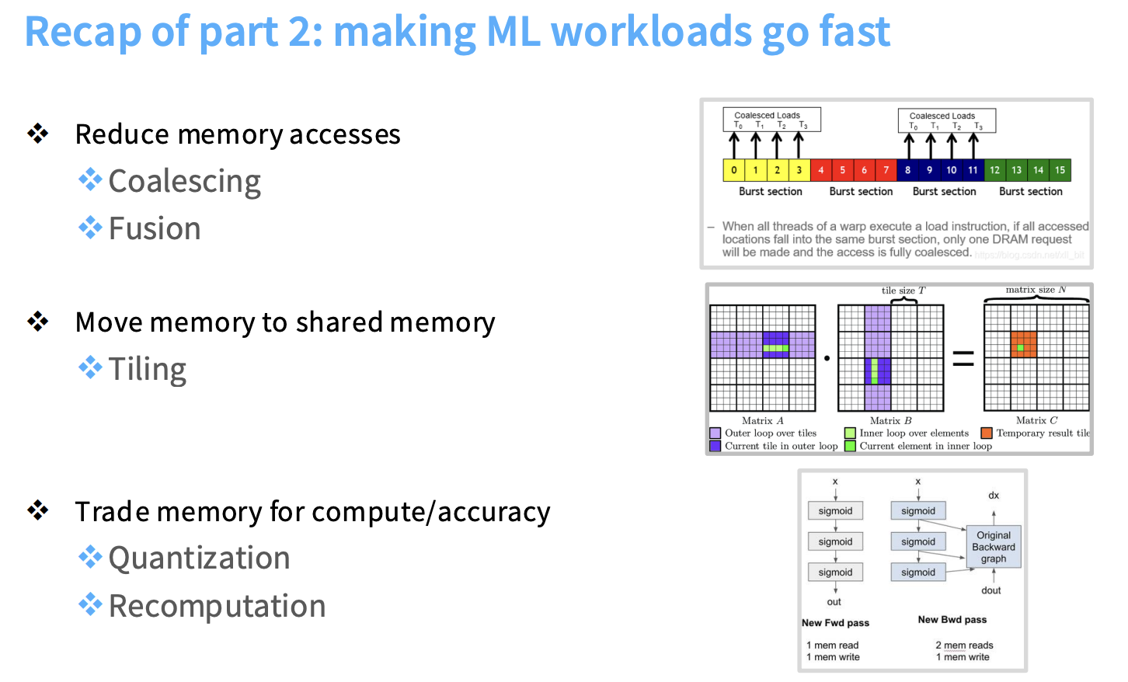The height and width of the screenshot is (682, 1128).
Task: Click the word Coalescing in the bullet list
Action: pyautogui.click(x=184, y=182)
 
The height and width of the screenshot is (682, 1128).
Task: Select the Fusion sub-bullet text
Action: pyautogui.click(x=155, y=229)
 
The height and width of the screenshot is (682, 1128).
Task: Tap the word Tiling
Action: pyautogui.click(x=148, y=370)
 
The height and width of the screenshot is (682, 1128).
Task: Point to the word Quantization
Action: pyautogui.click(x=199, y=558)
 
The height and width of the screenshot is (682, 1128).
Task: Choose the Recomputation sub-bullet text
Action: pyautogui.click(x=217, y=607)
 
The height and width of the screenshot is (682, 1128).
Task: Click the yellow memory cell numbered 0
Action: pyautogui.click(x=734, y=170)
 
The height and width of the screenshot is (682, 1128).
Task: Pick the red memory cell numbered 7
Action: pyautogui.click(x=886, y=170)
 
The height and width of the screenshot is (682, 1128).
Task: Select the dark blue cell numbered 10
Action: pyautogui.click(x=951, y=170)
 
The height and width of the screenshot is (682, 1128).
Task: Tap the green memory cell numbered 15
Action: pyautogui.click(x=1060, y=170)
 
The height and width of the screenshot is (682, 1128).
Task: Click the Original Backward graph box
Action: pyautogui.click(x=994, y=547)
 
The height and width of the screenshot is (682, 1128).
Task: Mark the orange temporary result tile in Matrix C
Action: pyautogui.click(x=1023, y=344)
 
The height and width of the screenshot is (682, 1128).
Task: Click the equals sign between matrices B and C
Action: pyautogui.click(x=963, y=358)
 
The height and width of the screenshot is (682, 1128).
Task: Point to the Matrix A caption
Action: pyautogui.click(x=762, y=421)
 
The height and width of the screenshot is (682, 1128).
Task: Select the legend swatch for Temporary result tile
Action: pyautogui.click(x=987, y=433)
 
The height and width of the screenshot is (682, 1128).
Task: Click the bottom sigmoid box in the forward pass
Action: pyautogui.click(x=835, y=572)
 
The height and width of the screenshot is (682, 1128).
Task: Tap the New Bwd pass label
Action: pyautogui.click(x=952, y=620)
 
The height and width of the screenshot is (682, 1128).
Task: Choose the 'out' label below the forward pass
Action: pyautogui.click(x=834, y=602)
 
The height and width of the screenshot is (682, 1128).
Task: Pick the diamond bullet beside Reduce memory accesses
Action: pyautogui.click(x=38, y=134)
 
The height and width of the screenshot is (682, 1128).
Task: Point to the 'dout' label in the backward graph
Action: pyautogui.click(x=990, y=590)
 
